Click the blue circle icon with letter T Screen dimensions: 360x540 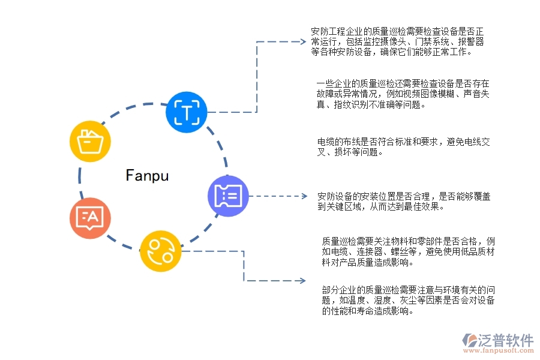187,112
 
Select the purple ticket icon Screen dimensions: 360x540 229,196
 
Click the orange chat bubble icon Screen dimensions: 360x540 91,218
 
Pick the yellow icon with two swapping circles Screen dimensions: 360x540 161,251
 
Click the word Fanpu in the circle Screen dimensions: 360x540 148,175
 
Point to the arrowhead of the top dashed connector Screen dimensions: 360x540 302,42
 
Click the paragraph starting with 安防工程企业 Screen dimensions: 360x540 398,41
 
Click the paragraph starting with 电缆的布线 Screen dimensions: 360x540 404,147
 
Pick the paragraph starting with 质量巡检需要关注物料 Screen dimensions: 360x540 409,251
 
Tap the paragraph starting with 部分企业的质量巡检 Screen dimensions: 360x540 409,300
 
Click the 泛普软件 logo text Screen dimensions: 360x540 505,340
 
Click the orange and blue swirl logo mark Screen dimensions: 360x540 469,341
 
